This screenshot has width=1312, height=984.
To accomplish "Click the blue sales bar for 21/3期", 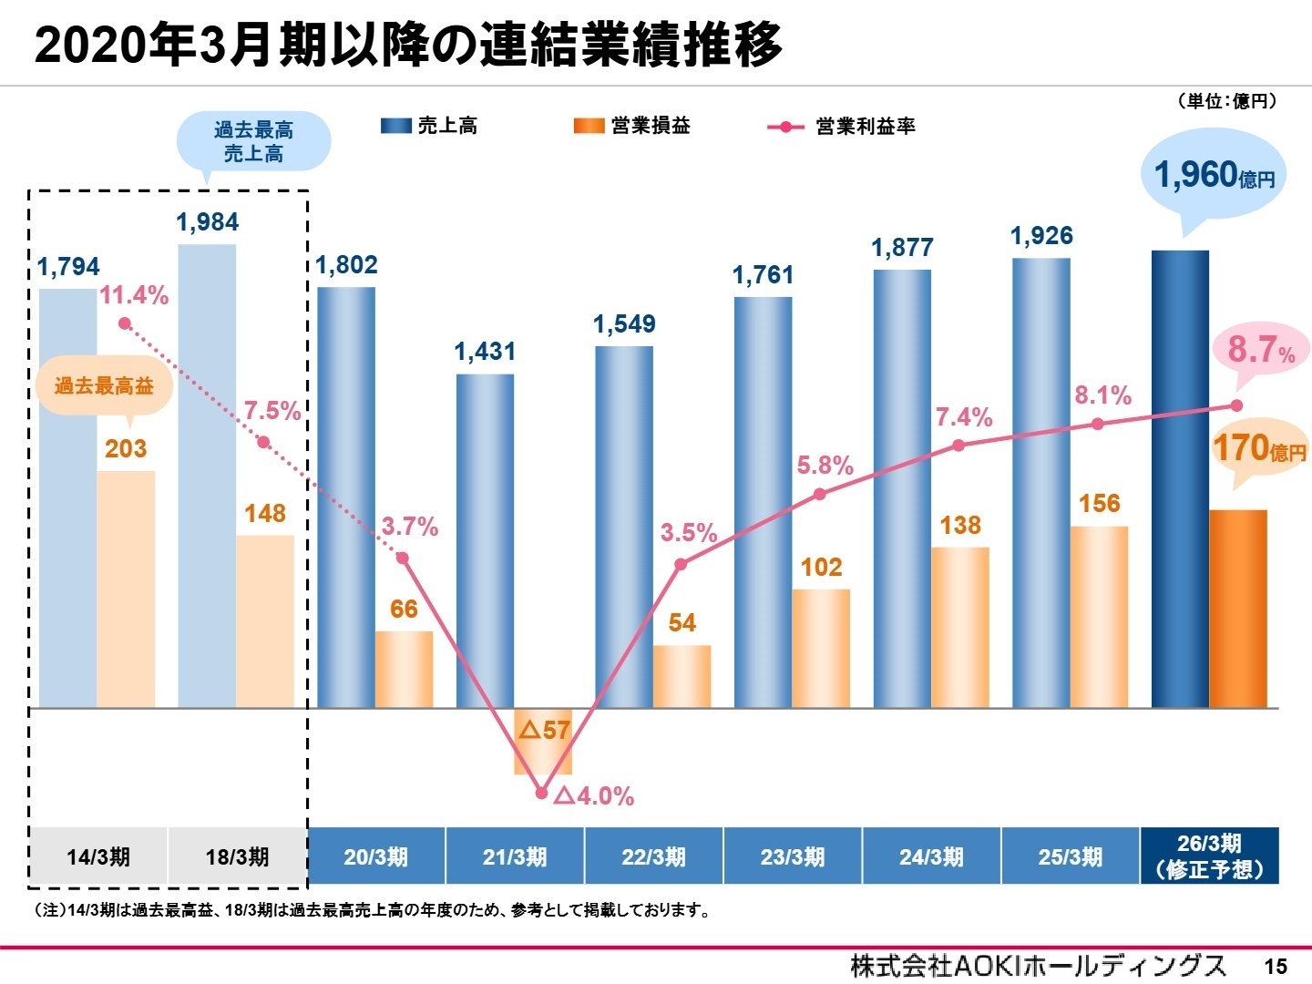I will click(485, 540).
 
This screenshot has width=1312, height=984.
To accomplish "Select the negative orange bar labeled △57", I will click(543, 741).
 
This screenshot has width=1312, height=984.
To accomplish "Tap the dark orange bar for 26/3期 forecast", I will click(1237, 609).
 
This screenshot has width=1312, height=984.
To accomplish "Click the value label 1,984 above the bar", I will click(208, 222).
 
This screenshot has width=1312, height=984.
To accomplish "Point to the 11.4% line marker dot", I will click(125, 323).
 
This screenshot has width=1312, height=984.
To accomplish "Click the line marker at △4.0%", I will click(542, 793).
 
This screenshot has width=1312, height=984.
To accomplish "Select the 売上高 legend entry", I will click(429, 126).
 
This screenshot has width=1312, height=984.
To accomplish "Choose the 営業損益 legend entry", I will click(631, 126).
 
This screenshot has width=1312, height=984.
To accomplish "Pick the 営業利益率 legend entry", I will click(842, 127).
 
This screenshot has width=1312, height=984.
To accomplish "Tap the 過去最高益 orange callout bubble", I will click(104, 386).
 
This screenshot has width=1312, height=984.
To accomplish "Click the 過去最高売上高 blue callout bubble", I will click(253, 142).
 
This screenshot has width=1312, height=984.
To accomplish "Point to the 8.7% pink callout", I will click(1261, 350).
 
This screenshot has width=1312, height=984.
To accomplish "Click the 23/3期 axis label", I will click(793, 856).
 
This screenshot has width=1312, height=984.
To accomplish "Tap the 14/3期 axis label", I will click(98, 856).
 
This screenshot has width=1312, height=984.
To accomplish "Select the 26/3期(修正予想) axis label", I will click(1209, 856).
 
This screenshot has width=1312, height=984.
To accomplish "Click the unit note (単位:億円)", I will click(1226, 101).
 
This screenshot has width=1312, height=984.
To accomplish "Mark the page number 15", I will click(1275, 967).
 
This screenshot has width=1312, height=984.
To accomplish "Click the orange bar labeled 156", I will click(1099, 617).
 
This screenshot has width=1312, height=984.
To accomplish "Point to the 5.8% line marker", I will click(820, 494).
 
